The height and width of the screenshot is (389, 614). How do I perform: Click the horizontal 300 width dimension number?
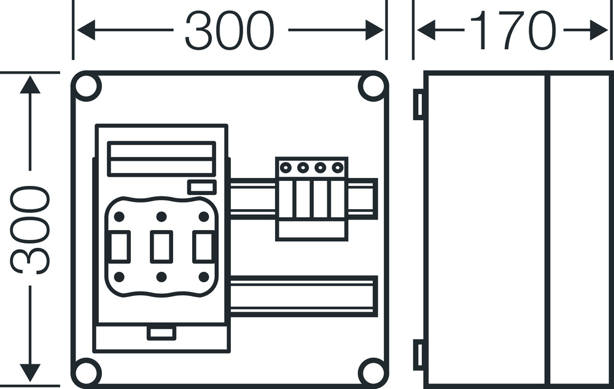click(230, 30)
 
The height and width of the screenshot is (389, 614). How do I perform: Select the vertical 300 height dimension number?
click(30, 229)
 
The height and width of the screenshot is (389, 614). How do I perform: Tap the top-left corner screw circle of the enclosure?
click(86, 86)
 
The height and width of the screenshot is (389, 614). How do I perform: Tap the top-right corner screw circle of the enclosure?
click(373, 86)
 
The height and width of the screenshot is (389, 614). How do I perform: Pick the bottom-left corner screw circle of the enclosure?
click(86, 372)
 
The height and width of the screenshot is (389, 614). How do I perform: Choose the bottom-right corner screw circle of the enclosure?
click(373, 372)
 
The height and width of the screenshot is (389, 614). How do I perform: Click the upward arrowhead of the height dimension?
click(30, 84)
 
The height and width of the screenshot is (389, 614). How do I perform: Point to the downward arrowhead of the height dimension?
click(30, 373)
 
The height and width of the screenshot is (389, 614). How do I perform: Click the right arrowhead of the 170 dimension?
click(599, 30)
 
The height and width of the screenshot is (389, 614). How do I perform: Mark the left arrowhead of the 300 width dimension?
click(86, 30)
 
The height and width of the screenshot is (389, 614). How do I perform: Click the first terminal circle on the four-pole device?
click(286, 168)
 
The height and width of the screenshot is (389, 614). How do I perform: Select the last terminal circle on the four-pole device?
click(338, 168)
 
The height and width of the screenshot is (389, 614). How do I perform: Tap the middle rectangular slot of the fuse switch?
click(161, 247)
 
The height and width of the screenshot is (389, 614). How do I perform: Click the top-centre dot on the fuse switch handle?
click(161, 217)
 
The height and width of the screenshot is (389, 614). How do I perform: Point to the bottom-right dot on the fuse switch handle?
click(204, 277)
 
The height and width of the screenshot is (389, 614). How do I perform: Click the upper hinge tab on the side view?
click(418, 104)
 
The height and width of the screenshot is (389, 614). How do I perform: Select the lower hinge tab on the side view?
click(418, 355)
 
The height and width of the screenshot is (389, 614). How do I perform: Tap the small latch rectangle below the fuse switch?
click(161, 333)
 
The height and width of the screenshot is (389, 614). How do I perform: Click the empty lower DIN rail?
click(303, 296)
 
